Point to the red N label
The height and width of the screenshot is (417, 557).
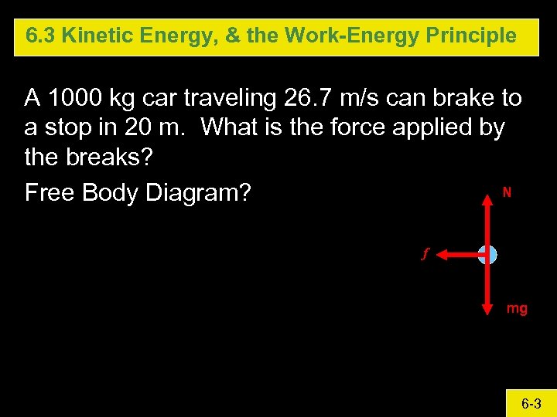pyautogui.click(x=507, y=192)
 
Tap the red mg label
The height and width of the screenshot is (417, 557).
pyautogui.click(x=517, y=309)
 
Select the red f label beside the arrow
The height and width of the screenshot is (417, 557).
pyautogui.click(x=424, y=253)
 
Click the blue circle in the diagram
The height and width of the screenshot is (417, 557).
pyautogui.click(x=487, y=255)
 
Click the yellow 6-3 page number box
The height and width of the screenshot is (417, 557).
pyautogui.click(x=530, y=403)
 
